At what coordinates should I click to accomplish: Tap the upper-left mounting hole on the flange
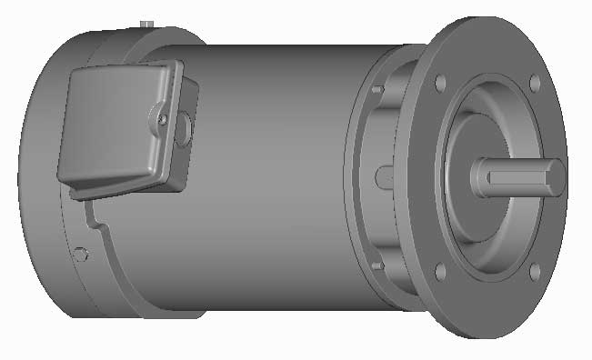tap(441, 83)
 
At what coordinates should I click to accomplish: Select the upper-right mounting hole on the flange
tap(535, 83)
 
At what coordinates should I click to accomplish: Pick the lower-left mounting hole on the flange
tap(441, 271)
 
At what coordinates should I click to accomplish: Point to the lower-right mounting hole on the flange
tap(535, 271)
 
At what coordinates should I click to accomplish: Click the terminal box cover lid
tap(109, 127)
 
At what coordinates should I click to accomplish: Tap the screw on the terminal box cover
tap(162, 117)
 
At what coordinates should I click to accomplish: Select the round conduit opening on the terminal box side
tap(186, 128)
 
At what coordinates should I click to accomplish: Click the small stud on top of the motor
tap(145, 20)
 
